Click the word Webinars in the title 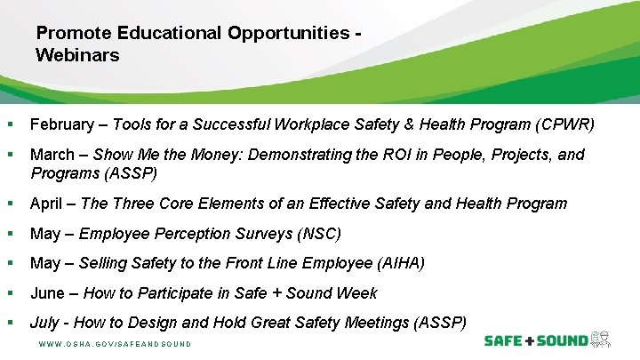(x=77, y=55)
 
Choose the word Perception (x=193, y=235)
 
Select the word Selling (x=103, y=263)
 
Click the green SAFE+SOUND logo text (x=535, y=340)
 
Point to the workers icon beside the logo (x=602, y=340)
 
